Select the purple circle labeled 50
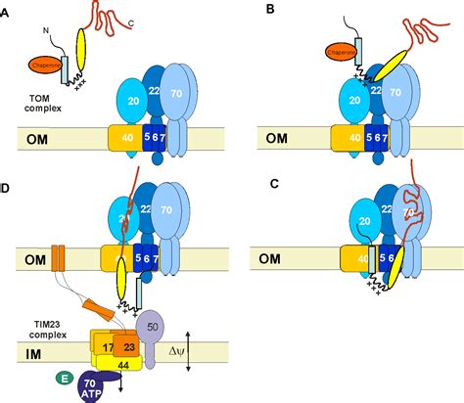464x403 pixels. (154, 324)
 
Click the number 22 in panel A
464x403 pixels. (154, 90)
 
